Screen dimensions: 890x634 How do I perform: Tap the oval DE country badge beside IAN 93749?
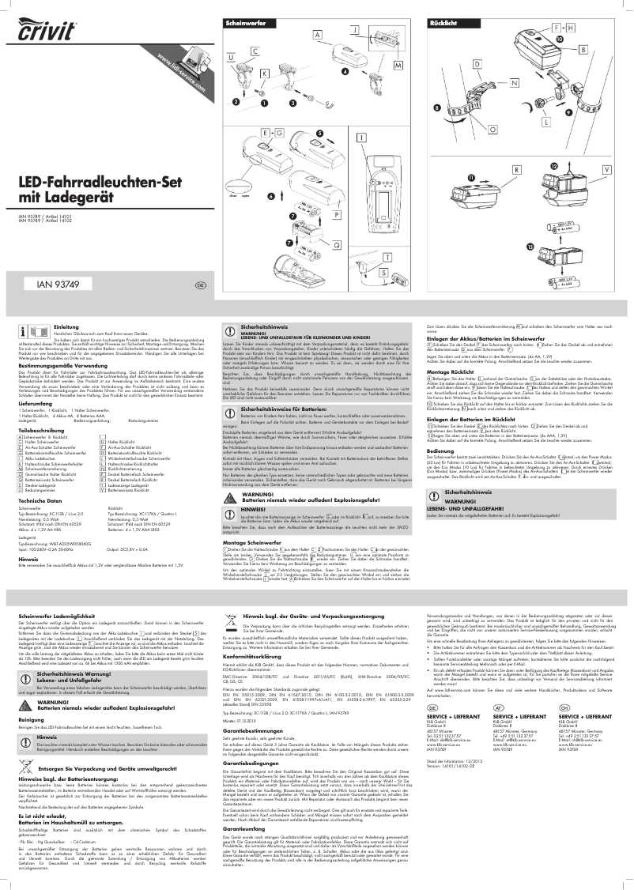pyautogui.click(x=201, y=285)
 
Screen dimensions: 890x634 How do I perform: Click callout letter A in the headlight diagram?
pyautogui.click(x=317, y=36)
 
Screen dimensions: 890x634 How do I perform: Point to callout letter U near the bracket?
pyautogui.click(x=231, y=58)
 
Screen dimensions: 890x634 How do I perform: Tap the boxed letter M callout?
pyautogui.click(x=398, y=64)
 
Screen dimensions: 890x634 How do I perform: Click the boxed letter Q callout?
pyautogui.click(x=336, y=246)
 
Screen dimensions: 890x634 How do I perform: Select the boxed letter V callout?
pyautogui.click(x=606, y=170)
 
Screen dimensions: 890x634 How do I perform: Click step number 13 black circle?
pyautogui.click(x=529, y=247)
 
